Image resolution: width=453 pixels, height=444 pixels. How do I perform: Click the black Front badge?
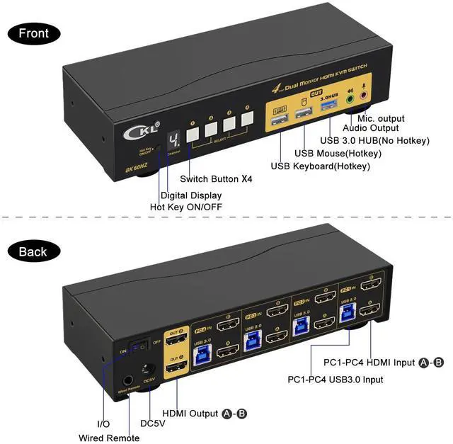[x=33, y=33]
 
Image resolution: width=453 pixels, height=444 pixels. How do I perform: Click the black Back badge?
[x=33, y=251]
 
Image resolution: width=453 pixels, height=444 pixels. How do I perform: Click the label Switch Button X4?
[x=216, y=179]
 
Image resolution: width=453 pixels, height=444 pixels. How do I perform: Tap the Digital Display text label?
[x=190, y=195]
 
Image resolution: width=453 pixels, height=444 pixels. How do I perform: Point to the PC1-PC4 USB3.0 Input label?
[x=335, y=380]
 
